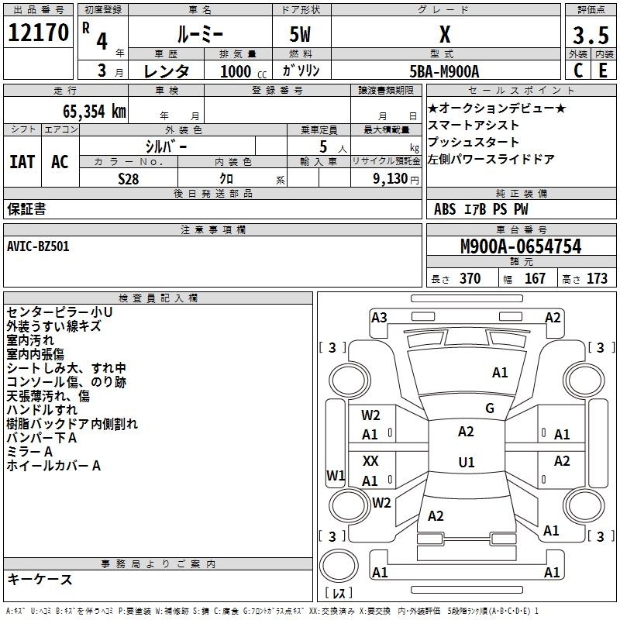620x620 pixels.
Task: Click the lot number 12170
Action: (x=38, y=33)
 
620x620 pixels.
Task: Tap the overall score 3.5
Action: (x=591, y=35)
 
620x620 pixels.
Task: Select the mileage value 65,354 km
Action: (x=95, y=112)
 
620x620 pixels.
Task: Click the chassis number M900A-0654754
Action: (x=521, y=246)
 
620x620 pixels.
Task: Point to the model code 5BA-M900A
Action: (x=444, y=71)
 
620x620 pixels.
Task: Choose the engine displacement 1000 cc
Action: (x=243, y=71)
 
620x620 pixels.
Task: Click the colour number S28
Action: (x=129, y=179)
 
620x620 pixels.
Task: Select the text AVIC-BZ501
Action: (x=38, y=246)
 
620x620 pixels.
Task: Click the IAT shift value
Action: (x=22, y=162)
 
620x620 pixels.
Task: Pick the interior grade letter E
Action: (x=603, y=71)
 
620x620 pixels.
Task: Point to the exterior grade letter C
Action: (x=577, y=71)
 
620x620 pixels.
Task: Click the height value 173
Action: (x=597, y=278)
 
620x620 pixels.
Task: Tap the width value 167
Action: (x=535, y=278)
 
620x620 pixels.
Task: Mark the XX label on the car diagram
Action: (x=370, y=460)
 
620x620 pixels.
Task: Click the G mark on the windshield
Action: (x=490, y=408)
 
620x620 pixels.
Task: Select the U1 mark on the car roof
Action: (x=467, y=462)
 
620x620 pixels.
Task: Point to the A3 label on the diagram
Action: (x=379, y=318)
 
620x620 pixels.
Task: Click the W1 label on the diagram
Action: (x=336, y=475)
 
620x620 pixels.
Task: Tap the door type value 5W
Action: (x=301, y=34)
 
